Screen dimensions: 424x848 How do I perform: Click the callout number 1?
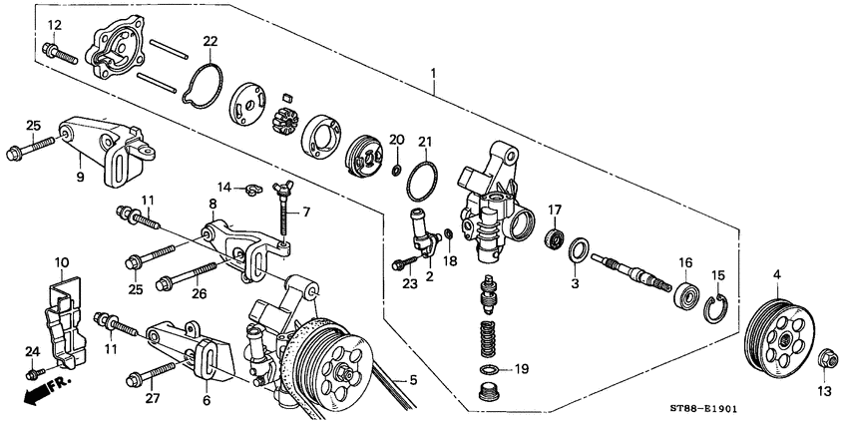434,73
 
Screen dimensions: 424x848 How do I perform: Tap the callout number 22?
210,41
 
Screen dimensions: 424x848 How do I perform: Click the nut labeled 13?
825,360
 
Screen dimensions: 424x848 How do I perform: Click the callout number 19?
519,369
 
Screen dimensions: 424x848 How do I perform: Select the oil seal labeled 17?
551,238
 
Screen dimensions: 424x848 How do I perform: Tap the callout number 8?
212,204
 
